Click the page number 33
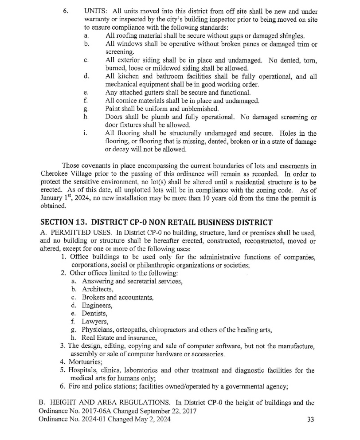(310, 420)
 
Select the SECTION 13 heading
(156, 221)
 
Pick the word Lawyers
(94, 322)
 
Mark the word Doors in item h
(114, 117)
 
